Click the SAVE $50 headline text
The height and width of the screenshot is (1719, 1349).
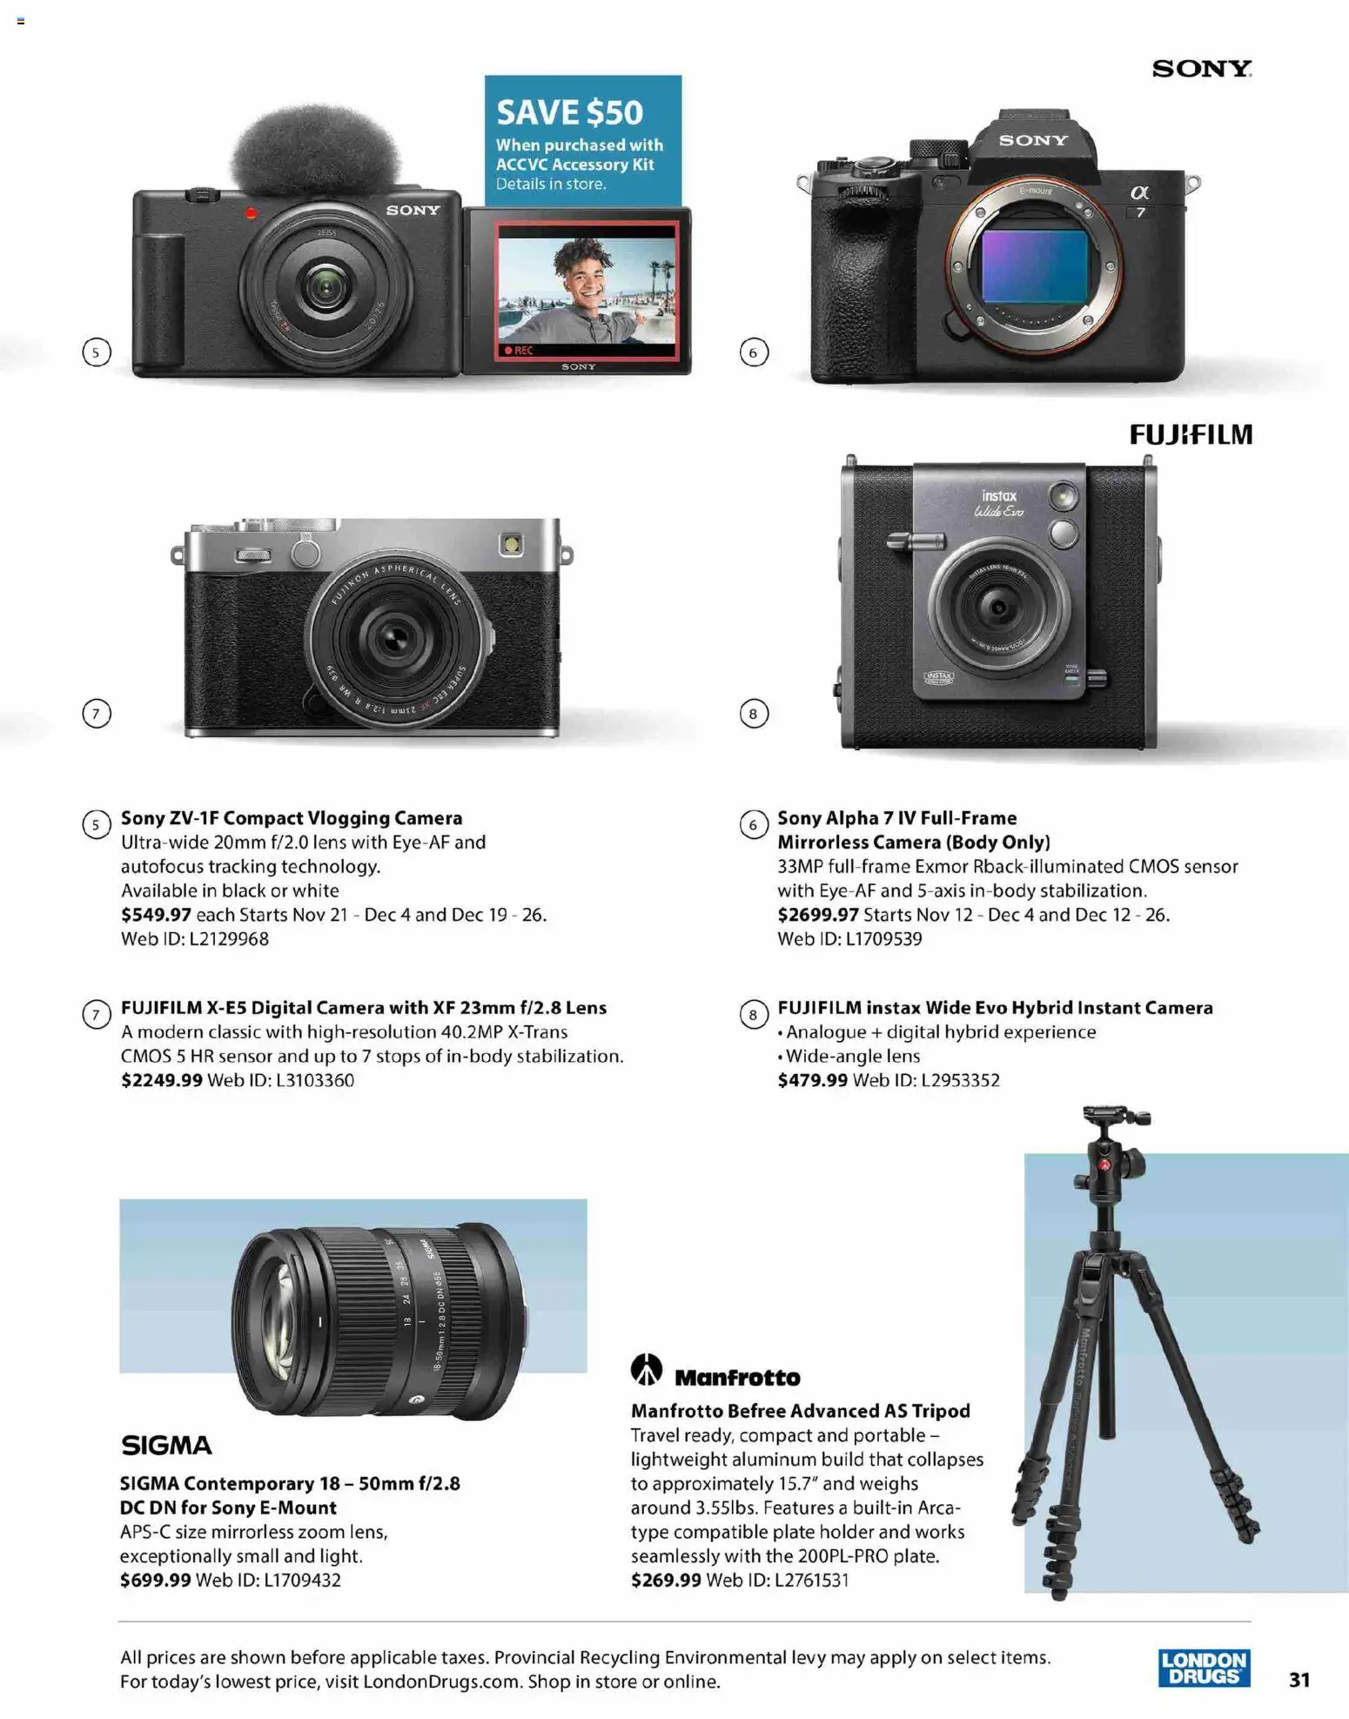[569, 112]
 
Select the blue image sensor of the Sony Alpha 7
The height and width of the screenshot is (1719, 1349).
[1034, 266]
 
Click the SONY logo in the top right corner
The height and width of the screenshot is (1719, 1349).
[1201, 68]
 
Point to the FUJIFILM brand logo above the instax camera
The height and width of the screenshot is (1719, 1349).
[1190, 434]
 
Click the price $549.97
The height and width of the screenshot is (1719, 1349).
[156, 915]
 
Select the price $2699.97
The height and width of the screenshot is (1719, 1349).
[817, 915]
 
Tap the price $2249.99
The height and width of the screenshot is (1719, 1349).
[161, 1080]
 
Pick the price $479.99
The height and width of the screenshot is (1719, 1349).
[812, 1080]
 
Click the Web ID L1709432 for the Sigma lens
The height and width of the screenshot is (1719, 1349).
[268, 1580]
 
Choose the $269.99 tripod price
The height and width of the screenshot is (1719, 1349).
[666, 1580]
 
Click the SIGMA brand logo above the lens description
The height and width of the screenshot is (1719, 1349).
[166, 1446]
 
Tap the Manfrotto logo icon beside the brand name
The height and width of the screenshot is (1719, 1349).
[646, 1369]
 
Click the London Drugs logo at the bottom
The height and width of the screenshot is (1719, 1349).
[1204, 1668]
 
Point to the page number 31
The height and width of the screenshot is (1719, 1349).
[1299, 1679]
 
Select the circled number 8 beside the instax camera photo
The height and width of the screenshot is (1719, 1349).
[754, 714]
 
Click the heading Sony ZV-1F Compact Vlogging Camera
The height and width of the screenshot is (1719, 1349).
[292, 818]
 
